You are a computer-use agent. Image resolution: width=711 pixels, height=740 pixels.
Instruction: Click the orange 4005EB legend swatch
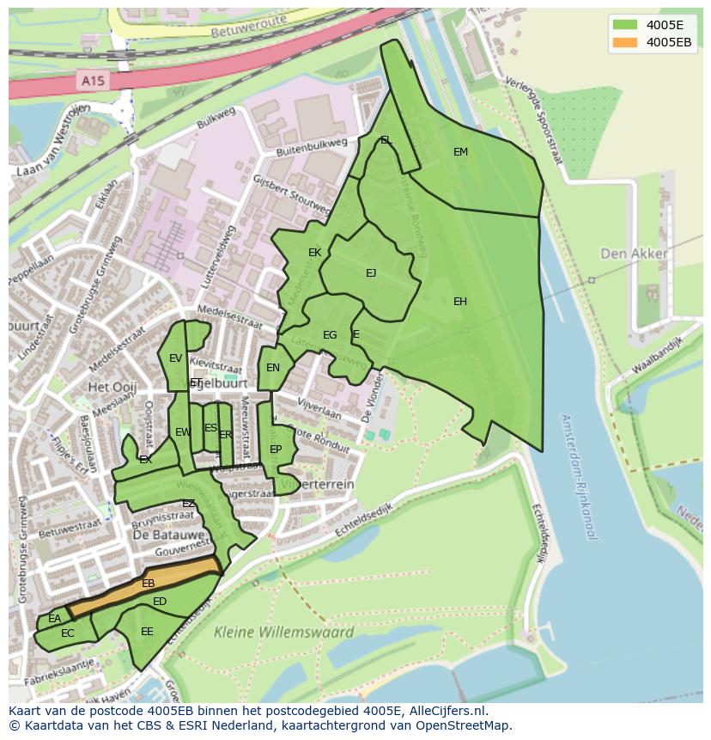coord(624,42)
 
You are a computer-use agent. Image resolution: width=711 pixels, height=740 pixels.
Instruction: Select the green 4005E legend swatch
coord(624,25)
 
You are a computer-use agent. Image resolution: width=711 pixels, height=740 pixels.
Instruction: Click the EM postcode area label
coord(460,152)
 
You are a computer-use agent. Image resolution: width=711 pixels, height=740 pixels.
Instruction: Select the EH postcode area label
coord(460,302)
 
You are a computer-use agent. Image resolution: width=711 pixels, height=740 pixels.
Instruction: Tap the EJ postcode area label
coord(371,273)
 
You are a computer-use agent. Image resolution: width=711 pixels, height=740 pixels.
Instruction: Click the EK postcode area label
coord(314,253)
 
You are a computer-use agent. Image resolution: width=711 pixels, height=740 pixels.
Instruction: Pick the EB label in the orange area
coord(148,584)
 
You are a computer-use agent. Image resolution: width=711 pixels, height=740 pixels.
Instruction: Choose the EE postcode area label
coord(147,632)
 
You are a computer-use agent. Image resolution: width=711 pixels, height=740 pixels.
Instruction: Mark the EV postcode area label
coord(175,358)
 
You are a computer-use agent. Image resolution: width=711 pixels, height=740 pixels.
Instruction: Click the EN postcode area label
coord(273,368)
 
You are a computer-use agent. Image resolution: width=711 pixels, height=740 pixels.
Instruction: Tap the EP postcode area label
coord(276,450)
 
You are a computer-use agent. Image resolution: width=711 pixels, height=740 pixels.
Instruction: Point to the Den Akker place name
coord(634,254)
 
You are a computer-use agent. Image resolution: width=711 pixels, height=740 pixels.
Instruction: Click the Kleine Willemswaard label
coord(283,633)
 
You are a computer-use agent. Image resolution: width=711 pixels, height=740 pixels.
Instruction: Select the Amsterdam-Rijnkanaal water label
coord(577,477)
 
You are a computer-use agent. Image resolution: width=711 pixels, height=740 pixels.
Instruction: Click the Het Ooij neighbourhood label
coord(112,388)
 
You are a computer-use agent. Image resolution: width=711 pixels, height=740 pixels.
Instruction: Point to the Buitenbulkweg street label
coord(311,147)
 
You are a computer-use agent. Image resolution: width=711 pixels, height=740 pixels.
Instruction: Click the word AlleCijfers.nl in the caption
coord(447,711)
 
